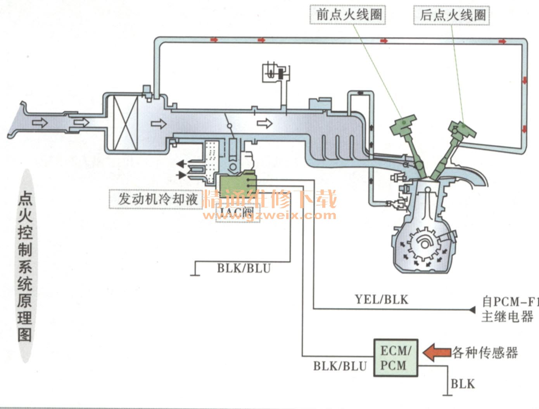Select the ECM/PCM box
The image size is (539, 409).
coord(396,358)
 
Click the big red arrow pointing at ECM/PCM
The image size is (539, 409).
coord(437,353)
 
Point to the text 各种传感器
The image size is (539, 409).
coord(485,353)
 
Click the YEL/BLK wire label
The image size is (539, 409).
coord(382,299)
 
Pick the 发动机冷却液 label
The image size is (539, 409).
coord(157,199)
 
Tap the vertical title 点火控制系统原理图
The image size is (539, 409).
coord(25,266)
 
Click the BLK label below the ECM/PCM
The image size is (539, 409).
coord(463,384)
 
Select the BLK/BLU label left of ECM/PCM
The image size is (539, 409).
coord(340,366)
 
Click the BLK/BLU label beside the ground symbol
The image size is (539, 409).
coord(244,268)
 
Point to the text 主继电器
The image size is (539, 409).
coord(507,317)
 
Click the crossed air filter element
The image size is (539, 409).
coord(125,123)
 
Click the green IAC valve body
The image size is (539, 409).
coord(236,183)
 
